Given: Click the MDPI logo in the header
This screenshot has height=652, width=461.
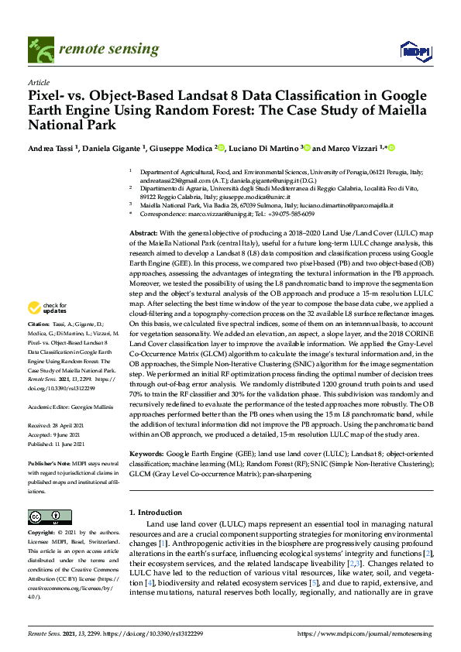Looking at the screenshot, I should pyautogui.click(x=415, y=50).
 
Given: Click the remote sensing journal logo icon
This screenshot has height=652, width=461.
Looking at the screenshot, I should pyautogui.click(x=38, y=50).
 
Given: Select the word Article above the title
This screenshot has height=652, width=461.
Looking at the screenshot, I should pyautogui.click(x=38, y=83).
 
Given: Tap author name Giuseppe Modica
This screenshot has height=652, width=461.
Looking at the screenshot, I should pyautogui.click(x=183, y=148).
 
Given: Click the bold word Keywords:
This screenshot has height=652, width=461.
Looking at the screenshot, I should pyautogui.click(x=146, y=451).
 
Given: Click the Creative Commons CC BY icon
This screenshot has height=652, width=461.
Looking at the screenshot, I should pyautogui.click(x=45, y=516).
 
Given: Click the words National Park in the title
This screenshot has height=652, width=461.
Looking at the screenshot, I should pyautogui.click(x=71, y=125).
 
